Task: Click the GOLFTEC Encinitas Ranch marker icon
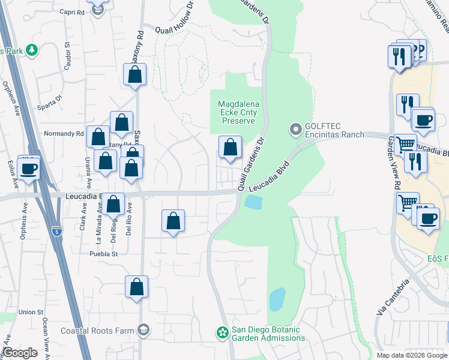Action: coord(295,130)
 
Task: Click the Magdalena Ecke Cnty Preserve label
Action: coord(240,112)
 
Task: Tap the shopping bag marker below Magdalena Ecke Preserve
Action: coord(230,147)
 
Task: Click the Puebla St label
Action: coord(103,254)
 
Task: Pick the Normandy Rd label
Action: coord(64,133)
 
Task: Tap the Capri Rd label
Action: coord(73,11)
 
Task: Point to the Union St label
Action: coord(31,312)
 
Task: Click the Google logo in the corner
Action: coord(20,352)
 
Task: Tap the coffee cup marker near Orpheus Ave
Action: coord(29,169)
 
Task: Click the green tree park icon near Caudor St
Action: coord(32,51)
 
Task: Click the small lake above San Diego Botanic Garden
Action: coord(277,299)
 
